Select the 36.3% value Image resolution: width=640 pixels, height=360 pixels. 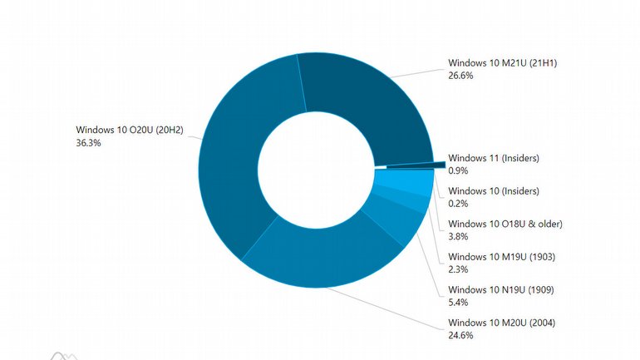87,143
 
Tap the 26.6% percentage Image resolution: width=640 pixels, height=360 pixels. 460,76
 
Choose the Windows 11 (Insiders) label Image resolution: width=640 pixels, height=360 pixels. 493,157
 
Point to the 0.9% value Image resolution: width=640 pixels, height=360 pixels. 458,170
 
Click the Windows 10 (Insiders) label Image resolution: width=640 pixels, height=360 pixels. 493,190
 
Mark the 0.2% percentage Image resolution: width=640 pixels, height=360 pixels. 458,204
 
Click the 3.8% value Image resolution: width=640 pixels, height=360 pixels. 458,237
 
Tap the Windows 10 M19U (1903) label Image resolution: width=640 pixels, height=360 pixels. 501,257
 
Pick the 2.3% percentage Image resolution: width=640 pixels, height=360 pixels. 458,270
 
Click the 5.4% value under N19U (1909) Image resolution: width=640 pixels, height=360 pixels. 458,303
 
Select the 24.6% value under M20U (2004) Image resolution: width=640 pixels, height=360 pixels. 460,336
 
